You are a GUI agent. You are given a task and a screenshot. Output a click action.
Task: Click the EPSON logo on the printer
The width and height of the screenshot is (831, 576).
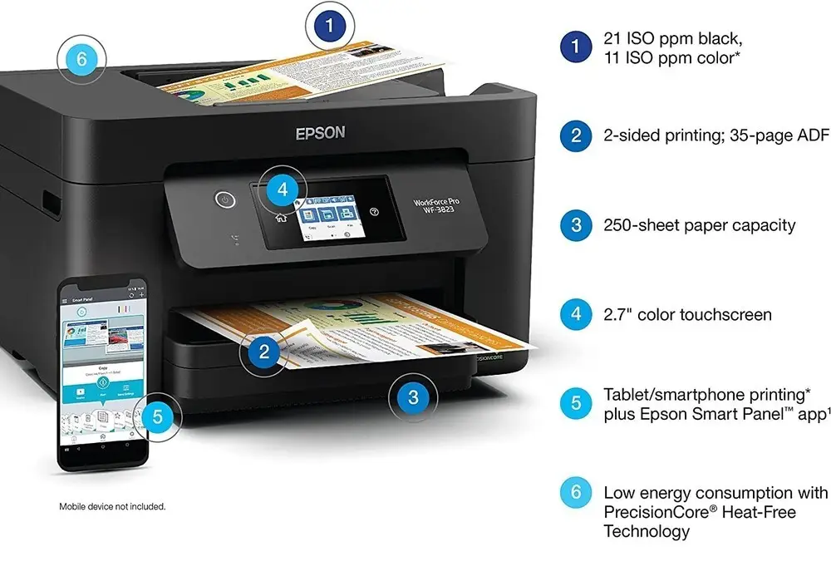tap(320, 133)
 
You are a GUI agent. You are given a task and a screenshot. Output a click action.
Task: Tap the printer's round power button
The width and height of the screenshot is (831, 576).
tap(223, 199)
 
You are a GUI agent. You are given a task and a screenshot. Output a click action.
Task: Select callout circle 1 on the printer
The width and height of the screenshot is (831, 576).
tap(330, 27)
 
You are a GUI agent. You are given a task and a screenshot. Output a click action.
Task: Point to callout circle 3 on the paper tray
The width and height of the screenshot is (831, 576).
tap(413, 397)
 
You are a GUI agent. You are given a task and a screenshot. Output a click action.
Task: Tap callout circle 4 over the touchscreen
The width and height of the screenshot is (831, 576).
tap(283, 189)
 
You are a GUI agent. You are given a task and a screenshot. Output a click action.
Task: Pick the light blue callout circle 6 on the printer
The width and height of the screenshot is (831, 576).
tap(81, 59)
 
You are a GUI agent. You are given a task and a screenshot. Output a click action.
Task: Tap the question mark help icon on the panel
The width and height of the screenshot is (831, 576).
tap(373, 211)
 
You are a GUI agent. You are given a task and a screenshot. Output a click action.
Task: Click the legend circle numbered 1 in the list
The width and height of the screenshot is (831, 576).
tap(576, 47)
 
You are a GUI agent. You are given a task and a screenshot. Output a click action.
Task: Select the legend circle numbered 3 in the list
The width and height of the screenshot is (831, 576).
tap(576, 225)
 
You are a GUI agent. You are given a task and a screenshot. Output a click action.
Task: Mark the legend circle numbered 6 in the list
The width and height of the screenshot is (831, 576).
tap(576, 493)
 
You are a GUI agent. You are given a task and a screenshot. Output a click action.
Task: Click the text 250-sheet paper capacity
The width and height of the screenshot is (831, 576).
tap(700, 225)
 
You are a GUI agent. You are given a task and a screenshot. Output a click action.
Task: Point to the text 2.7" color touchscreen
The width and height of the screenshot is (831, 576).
tap(687, 315)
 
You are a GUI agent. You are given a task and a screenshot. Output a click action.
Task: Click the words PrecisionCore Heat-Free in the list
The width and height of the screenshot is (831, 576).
tap(700, 512)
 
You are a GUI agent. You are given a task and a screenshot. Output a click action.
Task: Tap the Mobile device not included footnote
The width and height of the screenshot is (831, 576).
tap(112, 506)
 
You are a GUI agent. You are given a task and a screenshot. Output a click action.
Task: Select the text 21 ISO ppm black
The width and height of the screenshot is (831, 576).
tap(673, 38)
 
